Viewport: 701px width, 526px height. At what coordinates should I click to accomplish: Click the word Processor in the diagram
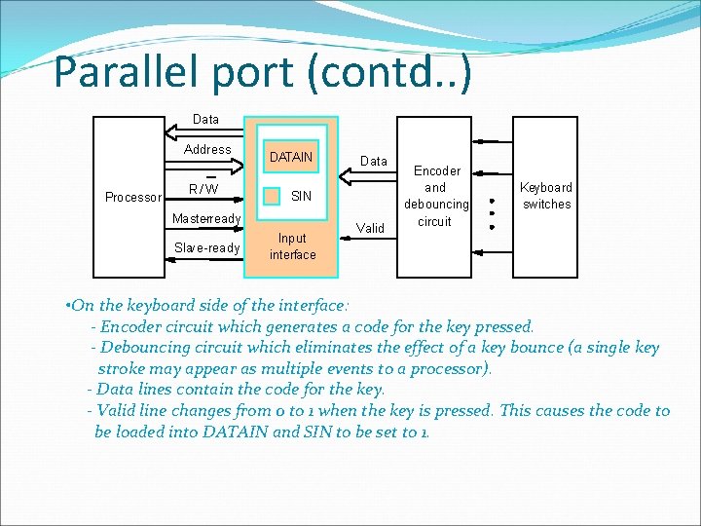(132, 198)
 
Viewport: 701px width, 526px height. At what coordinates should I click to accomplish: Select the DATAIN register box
(291, 157)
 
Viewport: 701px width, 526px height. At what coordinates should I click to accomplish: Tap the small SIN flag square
(272, 195)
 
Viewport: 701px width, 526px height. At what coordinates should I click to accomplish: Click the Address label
(207, 150)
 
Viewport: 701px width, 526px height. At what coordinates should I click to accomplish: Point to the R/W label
(203, 188)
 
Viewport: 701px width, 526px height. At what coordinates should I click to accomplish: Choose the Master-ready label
(206, 218)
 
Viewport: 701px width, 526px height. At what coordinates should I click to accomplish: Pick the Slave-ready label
(206, 248)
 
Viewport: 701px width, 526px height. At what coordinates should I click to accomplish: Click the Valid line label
(370, 229)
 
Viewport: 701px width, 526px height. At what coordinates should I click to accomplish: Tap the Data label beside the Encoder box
(374, 161)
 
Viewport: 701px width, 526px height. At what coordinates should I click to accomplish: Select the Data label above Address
(205, 119)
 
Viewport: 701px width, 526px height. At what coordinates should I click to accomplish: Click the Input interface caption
(292, 246)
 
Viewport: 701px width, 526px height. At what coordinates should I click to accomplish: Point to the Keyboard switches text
(546, 196)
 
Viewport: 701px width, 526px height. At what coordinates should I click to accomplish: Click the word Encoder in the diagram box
(435, 170)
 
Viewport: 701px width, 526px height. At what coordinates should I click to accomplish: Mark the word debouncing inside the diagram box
(435, 205)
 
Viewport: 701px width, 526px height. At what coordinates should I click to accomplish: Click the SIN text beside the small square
(302, 196)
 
